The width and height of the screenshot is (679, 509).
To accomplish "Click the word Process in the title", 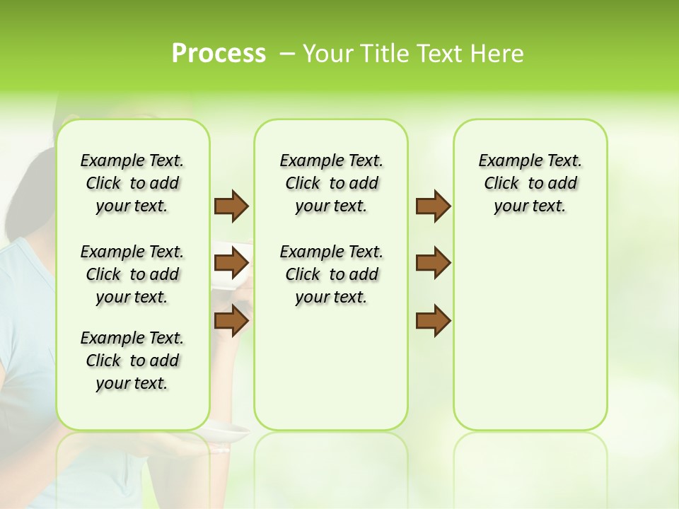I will click(219, 53).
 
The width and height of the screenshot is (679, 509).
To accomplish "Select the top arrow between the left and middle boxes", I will click(231, 206).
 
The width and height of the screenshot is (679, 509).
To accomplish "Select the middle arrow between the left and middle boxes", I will click(231, 263).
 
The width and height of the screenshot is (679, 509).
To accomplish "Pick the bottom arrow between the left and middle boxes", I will click(231, 320).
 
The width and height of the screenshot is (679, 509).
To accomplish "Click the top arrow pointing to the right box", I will click(433, 206).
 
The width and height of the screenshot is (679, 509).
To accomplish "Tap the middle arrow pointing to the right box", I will click(433, 263).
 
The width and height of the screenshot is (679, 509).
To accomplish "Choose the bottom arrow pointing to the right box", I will click(433, 320).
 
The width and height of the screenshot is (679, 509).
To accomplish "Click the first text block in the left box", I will click(132, 183).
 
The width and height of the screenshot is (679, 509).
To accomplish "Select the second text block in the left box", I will click(132, 274).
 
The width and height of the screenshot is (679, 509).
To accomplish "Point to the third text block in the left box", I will click(132, 361).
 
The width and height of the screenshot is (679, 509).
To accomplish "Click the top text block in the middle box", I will click(331, 183).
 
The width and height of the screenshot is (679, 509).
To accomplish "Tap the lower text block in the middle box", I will click(331, 274).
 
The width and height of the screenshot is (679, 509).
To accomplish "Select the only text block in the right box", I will click(530, 183).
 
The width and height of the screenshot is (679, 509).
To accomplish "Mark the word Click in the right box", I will click(501, 184).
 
